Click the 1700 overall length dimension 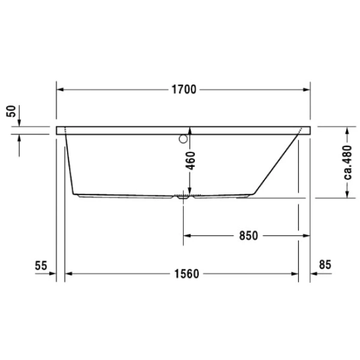point(183,90)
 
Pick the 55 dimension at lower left point(41,264)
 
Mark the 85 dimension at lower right point(325,264)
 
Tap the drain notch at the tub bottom point(183,196)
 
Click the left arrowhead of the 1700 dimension point(60,90)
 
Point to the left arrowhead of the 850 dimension point(187,236)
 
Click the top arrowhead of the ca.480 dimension point(347,130)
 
